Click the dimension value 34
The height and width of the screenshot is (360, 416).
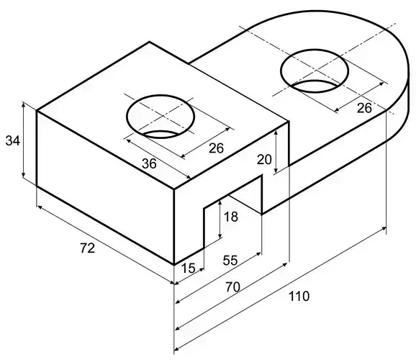13,141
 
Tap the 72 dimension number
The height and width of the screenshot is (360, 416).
86,248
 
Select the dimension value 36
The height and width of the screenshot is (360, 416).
149,163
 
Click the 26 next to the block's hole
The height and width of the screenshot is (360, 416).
215,148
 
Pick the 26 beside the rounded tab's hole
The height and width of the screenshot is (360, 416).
365,108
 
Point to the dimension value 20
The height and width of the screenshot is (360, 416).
264,158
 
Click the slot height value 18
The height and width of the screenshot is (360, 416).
230,217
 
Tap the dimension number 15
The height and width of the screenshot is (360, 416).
188,268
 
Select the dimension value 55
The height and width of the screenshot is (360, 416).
230,260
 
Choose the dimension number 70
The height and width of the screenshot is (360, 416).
231,287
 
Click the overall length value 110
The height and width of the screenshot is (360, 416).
298,295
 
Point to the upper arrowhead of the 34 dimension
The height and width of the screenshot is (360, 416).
24,106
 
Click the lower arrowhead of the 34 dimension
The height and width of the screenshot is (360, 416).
24,177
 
